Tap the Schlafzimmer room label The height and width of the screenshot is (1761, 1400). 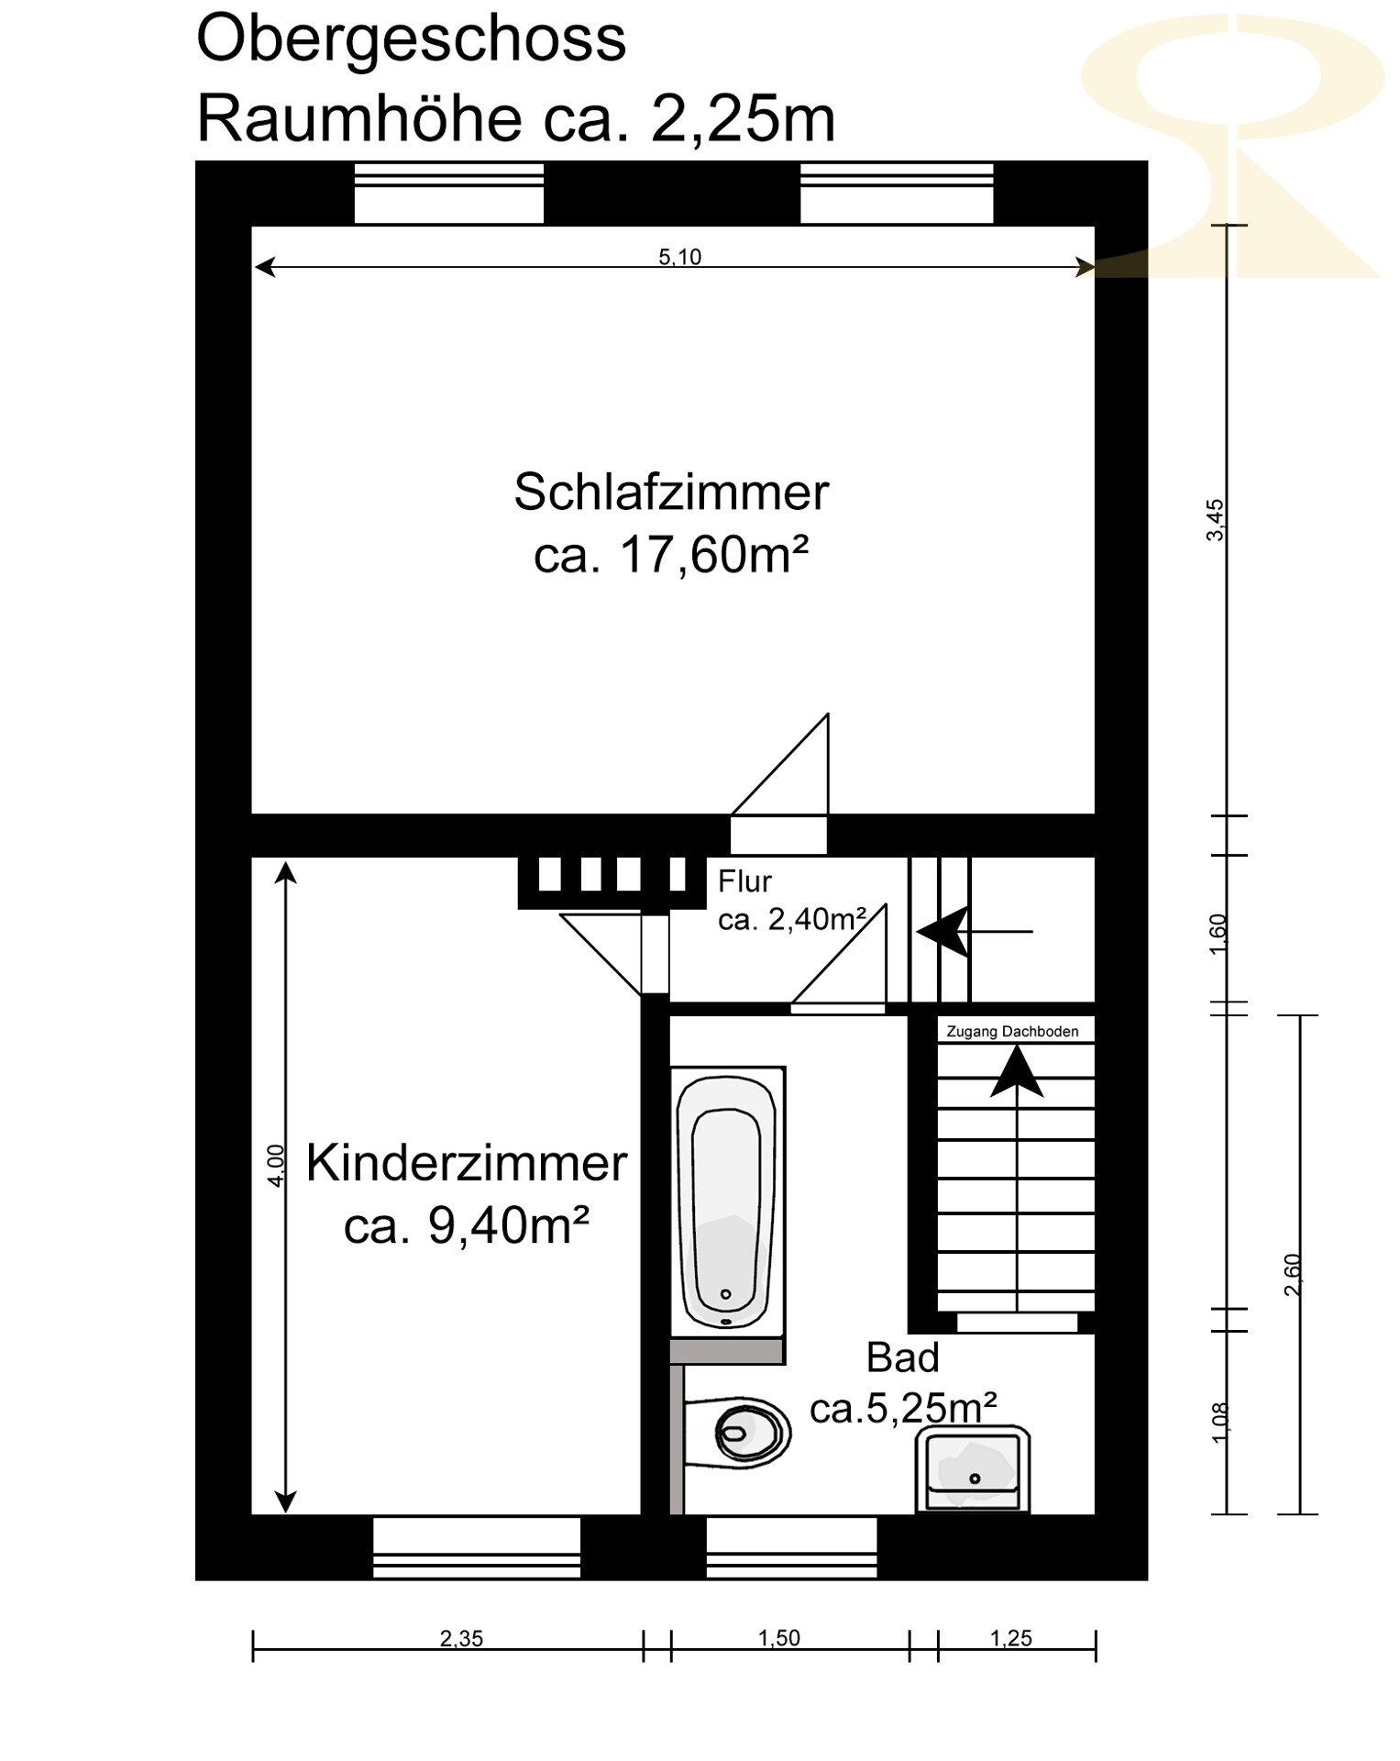tap(671, 493)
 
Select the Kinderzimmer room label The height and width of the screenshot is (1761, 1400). tap(466, 1164)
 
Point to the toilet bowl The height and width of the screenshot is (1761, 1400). tap(739, 1430)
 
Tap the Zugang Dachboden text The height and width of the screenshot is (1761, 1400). tap(1012, 1032)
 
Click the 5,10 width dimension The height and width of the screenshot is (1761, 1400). tap(679, 257)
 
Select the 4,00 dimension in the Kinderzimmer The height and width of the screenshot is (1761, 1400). tap(275, 1166)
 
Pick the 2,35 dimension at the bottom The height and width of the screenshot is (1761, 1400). tap(461, 1638)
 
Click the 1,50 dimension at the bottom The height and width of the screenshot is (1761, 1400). tap(778, 1638)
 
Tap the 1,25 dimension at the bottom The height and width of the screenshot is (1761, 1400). tap(1010, 1638)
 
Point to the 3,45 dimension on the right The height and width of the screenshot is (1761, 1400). tap(1215, 520)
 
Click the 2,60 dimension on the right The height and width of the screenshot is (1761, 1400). tap(1293, 1274)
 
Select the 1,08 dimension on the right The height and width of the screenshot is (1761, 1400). tap(1219, 1422)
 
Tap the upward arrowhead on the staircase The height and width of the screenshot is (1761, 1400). tap(1017, 1071)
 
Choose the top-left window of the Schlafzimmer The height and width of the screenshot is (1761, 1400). tap(449, 193)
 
